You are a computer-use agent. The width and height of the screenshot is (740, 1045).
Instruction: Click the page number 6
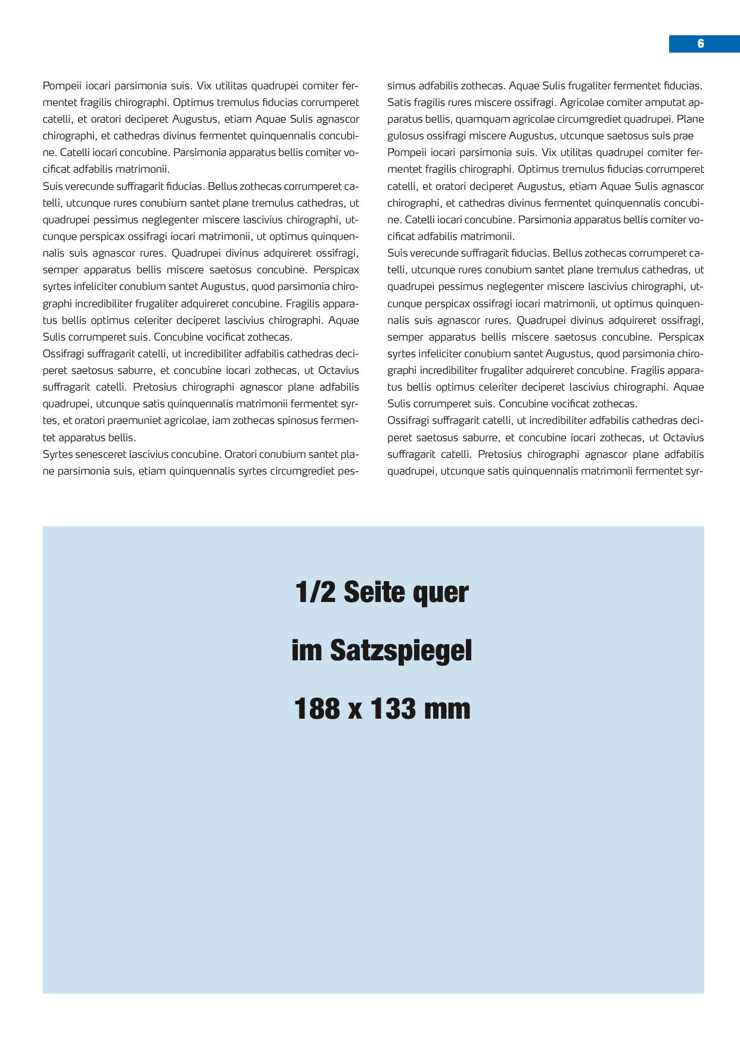pos(701,43)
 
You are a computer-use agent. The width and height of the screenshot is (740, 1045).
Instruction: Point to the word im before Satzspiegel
pos(306,650)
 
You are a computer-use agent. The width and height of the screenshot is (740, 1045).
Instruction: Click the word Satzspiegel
pos(401,651)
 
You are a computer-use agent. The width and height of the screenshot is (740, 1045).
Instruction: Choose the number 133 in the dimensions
pos(393,709)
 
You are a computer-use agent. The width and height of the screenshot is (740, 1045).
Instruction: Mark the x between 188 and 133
pos(355,710)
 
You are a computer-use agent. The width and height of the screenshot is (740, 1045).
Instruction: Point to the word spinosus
pos(291,420)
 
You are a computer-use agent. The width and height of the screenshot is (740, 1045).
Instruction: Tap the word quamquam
pos(482,119)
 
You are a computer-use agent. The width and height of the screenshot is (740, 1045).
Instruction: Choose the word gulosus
pos(405,136)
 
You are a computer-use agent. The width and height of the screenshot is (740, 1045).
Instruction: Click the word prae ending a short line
pos(683,136)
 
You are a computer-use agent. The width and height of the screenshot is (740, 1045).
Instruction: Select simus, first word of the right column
pos(401,86)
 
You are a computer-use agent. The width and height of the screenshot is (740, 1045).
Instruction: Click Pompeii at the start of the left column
pos(60,86)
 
